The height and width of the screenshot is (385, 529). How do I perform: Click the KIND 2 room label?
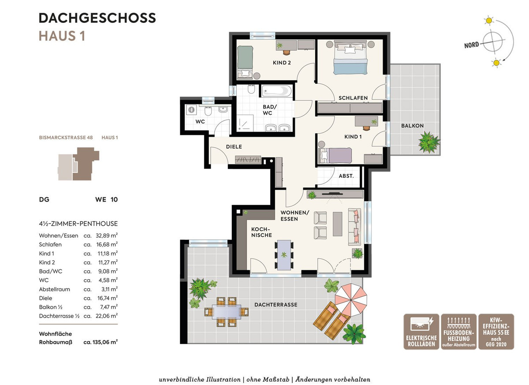[x=282, y=63]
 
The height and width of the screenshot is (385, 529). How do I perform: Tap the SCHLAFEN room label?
[x=353, y=98]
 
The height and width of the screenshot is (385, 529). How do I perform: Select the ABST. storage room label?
[x=346, y=176]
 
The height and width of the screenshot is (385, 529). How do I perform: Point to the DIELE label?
[x=234, y=147]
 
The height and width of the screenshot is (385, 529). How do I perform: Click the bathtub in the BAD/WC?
[x=277, y=91]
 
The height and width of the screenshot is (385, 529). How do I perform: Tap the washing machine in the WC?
[x=191, y=110]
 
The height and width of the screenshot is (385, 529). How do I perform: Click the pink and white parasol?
[x=351, y=300]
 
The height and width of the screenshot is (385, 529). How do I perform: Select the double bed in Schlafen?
[x=350, y=57]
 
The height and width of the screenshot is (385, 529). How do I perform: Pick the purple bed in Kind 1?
[x=335, y=155]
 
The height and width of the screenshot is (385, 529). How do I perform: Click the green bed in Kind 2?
[x=245, y=62]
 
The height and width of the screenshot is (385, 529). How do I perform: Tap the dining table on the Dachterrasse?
[x=227, y=312]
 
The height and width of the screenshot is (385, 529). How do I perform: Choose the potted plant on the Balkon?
[x=428, y=142]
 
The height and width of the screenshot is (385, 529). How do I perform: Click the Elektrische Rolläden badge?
[x=421, y=332]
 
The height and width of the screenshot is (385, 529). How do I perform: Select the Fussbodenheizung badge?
[x=458, y=332]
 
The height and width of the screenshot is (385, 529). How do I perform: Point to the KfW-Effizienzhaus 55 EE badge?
[x=496, y=332]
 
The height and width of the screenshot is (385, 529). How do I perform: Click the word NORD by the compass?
[x=471, y=45]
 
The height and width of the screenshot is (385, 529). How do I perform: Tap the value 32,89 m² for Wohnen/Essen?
[x=107, y=235]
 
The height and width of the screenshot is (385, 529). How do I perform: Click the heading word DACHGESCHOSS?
[x=97, y=18]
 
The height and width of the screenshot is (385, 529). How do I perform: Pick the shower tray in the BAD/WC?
[x=245, y=123]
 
